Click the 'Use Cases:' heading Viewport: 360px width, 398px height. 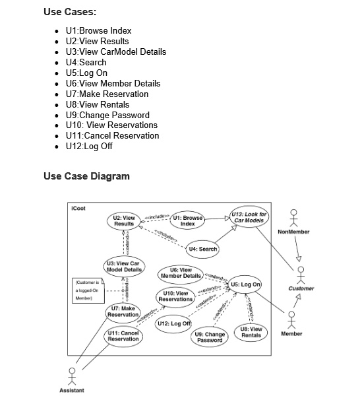tap(69, 12)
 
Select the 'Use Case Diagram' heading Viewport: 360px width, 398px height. tap(86, 176)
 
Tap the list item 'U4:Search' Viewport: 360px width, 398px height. tap(86, 62)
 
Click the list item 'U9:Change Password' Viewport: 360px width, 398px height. tap(107, 115)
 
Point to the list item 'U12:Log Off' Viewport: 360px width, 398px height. tap(89, 146)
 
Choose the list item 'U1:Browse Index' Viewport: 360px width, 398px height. tap(98, 30)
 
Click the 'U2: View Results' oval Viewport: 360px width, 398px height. tap(124, 220)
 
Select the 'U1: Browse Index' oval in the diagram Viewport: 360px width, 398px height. tap(187, 220)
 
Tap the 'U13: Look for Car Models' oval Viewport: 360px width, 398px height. tap(249, 217)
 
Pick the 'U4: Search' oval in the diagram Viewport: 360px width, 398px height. tap(202, 249)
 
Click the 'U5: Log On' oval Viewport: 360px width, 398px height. tap(246, 284)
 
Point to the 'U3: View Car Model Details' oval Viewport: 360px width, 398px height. tap(124, 267)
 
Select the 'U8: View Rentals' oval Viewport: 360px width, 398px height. tap(251, 331)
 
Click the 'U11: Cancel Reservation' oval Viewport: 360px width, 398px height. tap(123, 336)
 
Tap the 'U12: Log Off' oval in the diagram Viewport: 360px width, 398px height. tap(173, 323)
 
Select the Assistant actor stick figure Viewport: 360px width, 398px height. tap(71, 374)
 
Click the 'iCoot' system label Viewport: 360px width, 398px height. tap(78, 208)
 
